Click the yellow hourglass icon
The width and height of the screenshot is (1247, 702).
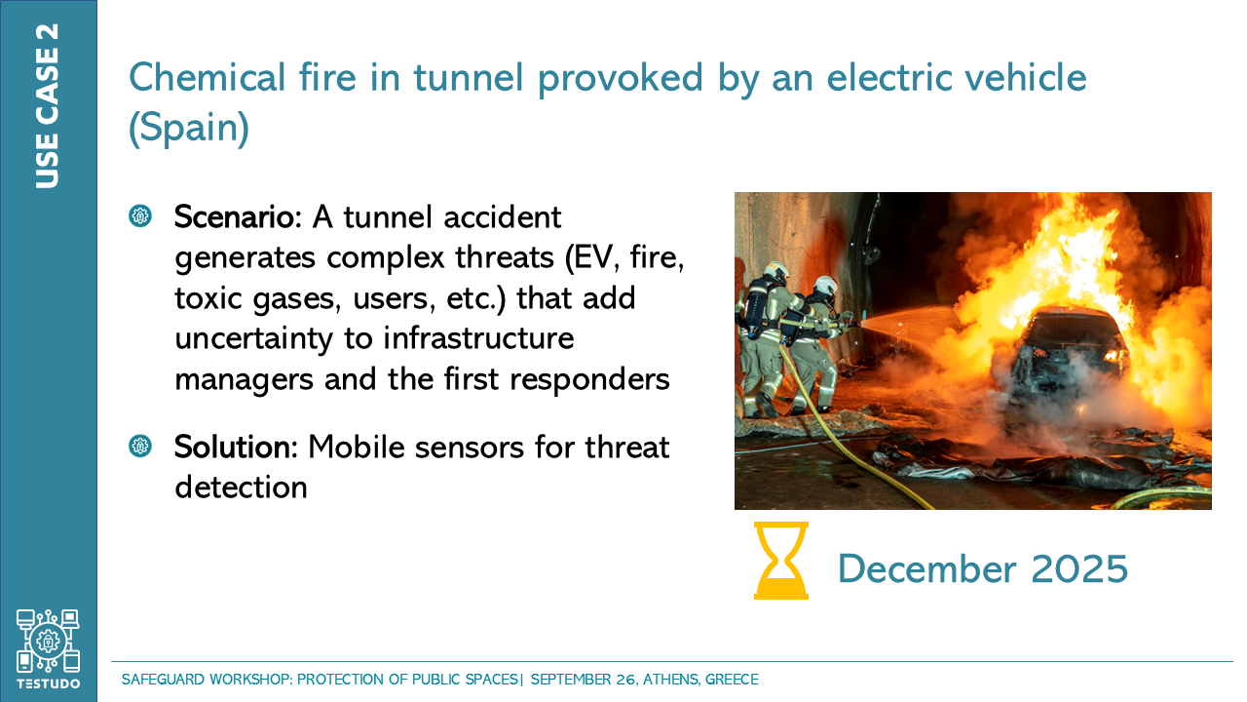click(x=780, y=561)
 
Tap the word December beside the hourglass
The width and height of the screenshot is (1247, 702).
click(x=926, y=568)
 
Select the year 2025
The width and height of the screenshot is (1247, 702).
click(x=1079, y=568)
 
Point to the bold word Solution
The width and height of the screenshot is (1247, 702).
click(x=236, y=447)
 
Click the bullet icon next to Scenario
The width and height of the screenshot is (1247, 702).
click(x=139, y=215)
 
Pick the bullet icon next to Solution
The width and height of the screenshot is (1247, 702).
click(x=139, y=447)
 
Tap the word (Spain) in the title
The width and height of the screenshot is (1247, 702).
click(x=189, y=128)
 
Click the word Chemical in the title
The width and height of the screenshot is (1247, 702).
click(x=208, y=77)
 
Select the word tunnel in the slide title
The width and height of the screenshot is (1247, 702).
click(x=469, y=78)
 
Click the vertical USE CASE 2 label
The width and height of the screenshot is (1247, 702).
click(x=48, y=106)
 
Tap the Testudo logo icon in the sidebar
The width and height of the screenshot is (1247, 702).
click(x=48, y=642)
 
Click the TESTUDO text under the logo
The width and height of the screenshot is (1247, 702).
click(x=49, y=683)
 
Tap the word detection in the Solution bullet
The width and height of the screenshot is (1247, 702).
click(x=241, y=487)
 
